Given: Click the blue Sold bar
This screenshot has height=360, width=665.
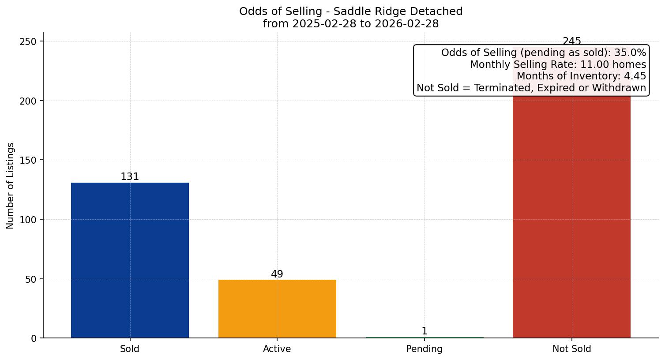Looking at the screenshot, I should coord(130,260).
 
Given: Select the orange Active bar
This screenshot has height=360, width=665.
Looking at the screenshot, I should coord(277,309).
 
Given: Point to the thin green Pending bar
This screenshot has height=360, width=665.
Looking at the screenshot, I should coord(425,337).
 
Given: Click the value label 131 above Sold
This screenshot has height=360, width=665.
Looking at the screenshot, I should coord(130,177).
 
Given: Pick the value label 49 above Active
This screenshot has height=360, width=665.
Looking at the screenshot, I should coord(277,274).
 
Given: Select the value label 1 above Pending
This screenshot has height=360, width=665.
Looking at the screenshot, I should coord(425,331).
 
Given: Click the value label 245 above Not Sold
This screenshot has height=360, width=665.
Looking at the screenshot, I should coord(571,41).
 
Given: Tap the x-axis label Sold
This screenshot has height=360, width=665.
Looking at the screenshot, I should coord(130,349).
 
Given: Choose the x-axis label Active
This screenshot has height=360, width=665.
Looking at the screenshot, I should coord(277,349).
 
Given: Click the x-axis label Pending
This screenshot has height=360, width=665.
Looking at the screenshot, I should coord(425,349).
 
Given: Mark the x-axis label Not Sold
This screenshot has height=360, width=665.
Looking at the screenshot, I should coord(571,349).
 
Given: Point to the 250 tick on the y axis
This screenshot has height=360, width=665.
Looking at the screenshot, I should coord(30,41).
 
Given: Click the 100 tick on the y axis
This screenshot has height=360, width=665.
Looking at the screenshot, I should coord(30,220).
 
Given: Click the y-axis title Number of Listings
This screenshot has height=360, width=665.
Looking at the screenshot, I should coord(11,185).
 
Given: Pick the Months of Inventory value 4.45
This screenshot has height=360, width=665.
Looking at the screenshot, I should coord(635,76).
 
